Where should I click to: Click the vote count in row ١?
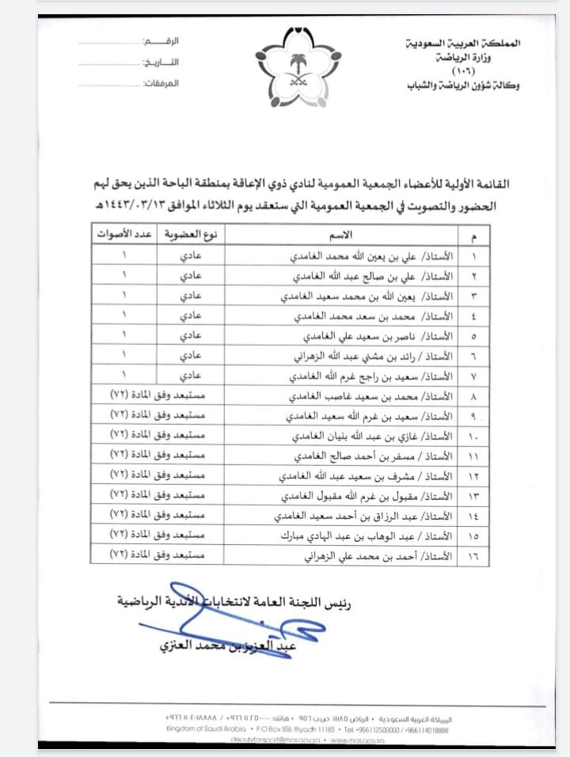point(125,257)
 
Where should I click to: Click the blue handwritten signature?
point(237,630)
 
